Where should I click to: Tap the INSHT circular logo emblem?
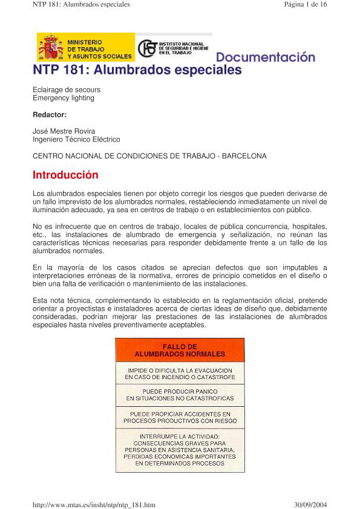146,49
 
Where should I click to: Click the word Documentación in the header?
266,58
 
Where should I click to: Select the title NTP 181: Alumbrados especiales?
137,71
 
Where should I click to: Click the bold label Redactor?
50,114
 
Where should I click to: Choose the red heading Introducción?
65,175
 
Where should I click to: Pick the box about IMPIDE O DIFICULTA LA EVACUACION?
180,373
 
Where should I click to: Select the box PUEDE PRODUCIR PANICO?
180,395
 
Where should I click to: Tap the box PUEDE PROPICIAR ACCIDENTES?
180,417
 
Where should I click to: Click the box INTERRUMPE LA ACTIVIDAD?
180,449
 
